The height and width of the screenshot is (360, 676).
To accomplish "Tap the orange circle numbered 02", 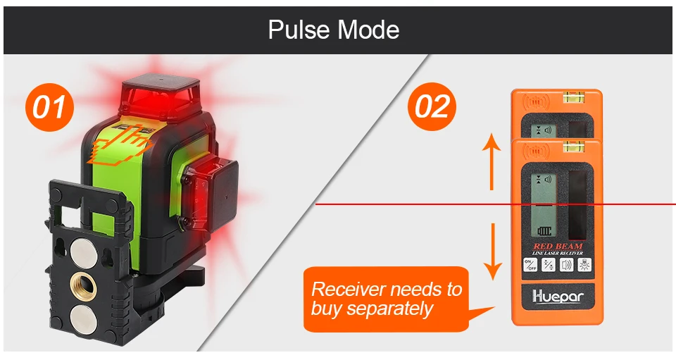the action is tap(432, 107).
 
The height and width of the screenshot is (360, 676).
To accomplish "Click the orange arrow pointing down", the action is tap(493, 250).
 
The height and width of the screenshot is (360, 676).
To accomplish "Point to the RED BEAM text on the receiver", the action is tap(558, 246).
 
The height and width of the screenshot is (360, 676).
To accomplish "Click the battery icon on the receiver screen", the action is tap(542, 230).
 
